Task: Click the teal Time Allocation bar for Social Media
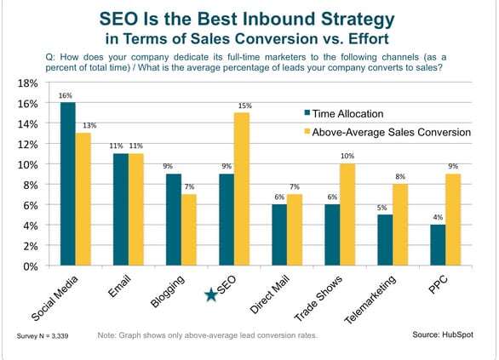[x=67, y=184]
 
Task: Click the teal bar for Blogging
[x=174, y=220]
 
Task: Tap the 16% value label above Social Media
[x=66, y=94]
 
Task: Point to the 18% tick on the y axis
[x=29, y=83]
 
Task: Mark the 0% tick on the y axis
[x=32, y=266]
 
